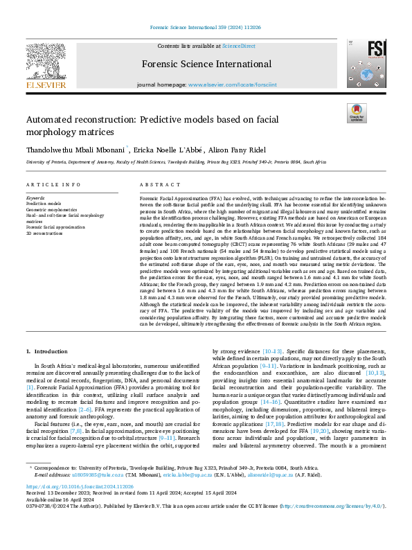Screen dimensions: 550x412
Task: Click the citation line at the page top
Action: pyautogui.click(x=206, y=28)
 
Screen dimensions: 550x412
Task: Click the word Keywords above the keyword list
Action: pyautogui.click(x=36, y=198)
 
